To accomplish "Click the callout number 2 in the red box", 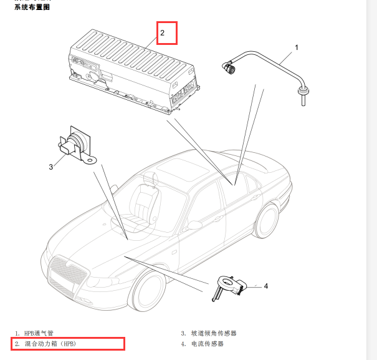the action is (162, 32).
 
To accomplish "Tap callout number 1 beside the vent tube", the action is (297, 47).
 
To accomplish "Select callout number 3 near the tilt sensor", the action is (50, 167).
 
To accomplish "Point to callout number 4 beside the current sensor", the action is (266, 286).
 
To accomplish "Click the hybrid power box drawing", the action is (134, 72).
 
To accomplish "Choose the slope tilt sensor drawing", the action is (77, 145).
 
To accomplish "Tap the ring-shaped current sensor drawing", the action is (229, 288).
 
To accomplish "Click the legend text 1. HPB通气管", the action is (34, 333).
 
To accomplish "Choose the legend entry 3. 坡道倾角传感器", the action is (209, 333).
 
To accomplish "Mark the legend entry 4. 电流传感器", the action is (203, 344).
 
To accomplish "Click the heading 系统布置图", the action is (32, 7).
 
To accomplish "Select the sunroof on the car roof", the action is (183, 169).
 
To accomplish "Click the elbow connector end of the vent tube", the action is (228, 67).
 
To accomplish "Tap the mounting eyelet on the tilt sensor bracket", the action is (90, 160).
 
